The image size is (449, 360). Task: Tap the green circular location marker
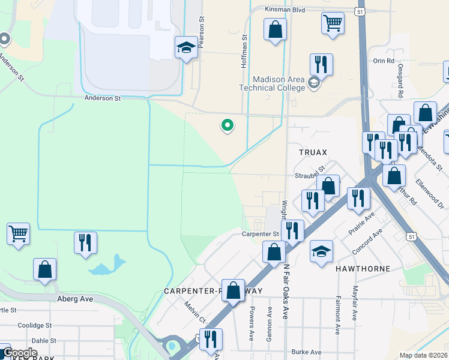point(228,125)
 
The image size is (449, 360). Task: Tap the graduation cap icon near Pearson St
point(186,47)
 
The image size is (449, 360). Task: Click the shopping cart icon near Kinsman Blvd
point(333,23)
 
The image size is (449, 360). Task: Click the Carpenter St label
point(261,234)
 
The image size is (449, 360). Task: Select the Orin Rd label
point(384,61)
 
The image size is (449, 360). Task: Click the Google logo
point(20,353)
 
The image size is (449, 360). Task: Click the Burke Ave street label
point(306,352)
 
